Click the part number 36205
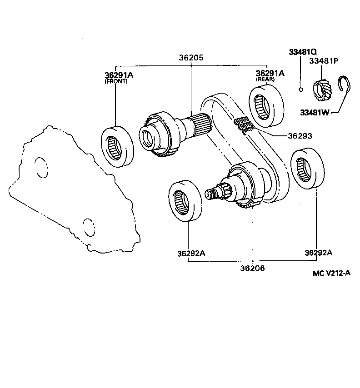[191, 58]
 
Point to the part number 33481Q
[303, 52]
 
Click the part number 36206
[252, 268]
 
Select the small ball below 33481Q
[301, 89]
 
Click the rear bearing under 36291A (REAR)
[267, 106]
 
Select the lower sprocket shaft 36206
[236, 187]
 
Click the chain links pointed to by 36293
[244, 124]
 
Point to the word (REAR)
[265, 80]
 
